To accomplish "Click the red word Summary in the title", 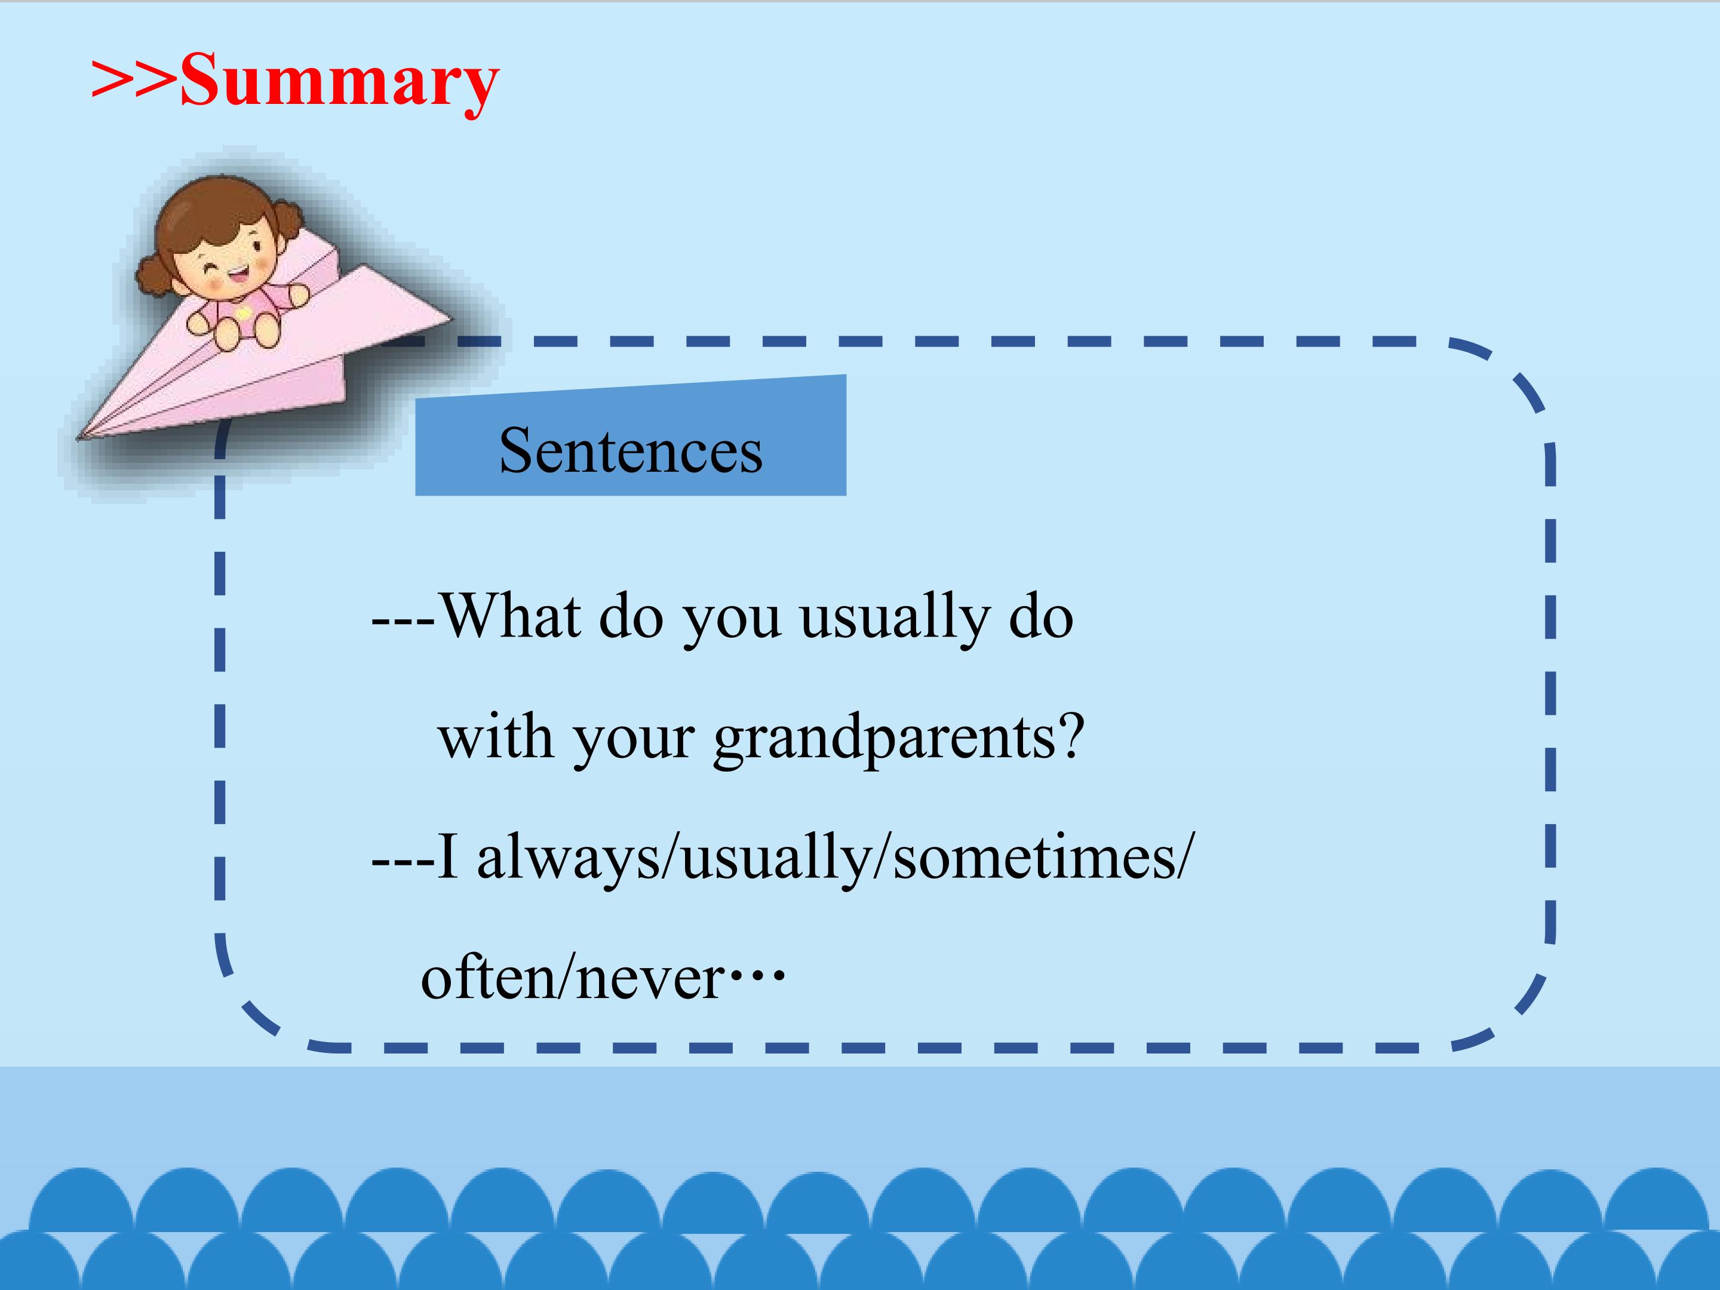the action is pos(340,82).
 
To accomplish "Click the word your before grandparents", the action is pos(634,744).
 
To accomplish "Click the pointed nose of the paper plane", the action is pos(78,438).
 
